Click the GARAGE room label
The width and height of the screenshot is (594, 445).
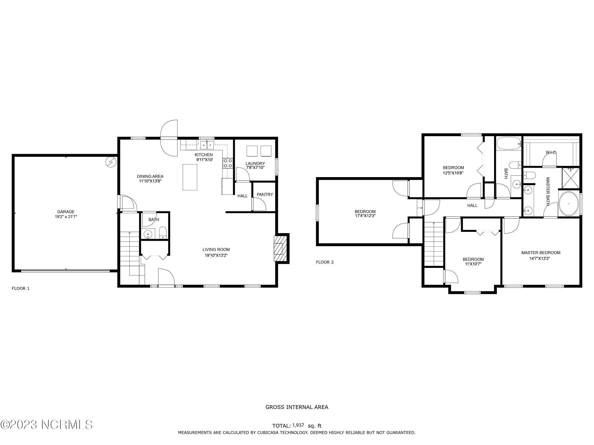66,212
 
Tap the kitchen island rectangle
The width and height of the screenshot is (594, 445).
190,177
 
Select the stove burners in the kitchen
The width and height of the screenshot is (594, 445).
228,163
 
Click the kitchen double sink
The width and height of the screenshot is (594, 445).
207,145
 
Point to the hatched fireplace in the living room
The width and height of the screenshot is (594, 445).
278,248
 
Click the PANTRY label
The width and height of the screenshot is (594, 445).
265,194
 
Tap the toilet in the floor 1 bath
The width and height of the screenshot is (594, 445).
163,233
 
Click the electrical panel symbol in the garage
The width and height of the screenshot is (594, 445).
111,162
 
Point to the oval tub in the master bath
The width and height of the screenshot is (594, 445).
568,204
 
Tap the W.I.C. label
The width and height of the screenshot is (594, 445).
551,153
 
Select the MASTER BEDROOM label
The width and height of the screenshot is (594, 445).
541,253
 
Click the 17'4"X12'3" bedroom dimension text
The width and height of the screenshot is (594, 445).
365,216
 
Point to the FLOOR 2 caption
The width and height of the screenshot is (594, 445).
325,262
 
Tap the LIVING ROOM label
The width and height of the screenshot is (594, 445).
216,250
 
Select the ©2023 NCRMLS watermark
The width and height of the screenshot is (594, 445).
47,425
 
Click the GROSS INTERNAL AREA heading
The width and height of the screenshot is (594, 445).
297,407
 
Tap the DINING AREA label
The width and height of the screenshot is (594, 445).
150,176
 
